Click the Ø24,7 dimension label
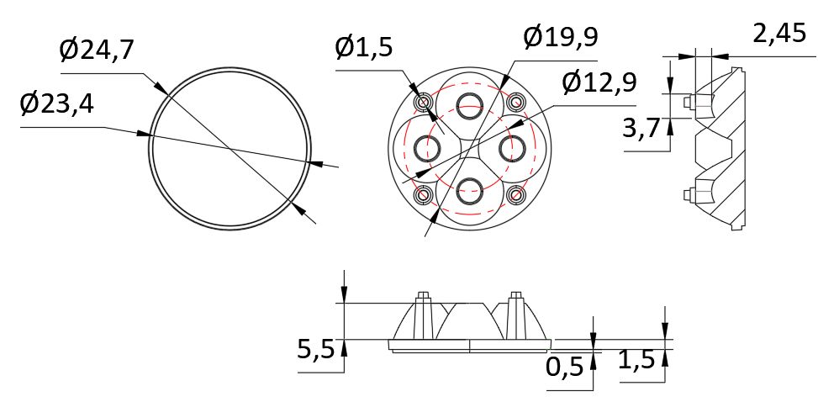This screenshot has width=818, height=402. (x=97, y=51)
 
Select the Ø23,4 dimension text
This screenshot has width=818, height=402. (x=57, y=105)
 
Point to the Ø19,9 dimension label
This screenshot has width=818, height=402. (x=561, y=38)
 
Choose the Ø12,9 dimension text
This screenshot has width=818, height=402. (x=599, y=83)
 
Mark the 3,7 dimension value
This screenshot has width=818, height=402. (x=641, y=130)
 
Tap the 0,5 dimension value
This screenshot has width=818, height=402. (x=565, y=368)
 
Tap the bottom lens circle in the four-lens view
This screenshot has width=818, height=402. (x=468, y=191)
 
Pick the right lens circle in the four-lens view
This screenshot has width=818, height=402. (x=512, y=148)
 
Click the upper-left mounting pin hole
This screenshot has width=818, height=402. (x=422, y=102)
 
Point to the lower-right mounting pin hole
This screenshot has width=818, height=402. (x=515, y=194)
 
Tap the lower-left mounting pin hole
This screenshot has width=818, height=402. (x=422, y=194)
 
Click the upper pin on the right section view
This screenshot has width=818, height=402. (x=691, y=102)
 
